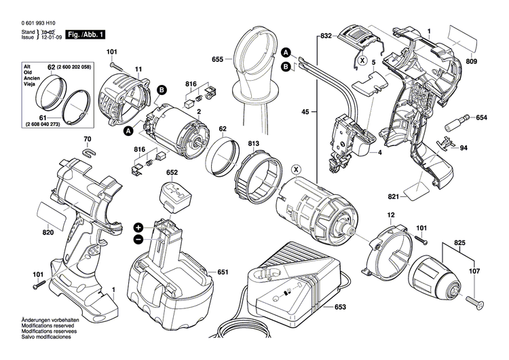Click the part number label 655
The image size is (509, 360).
coord(216,60)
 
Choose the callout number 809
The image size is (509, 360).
coord(491,62)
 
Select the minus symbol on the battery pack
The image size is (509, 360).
coord(138,240)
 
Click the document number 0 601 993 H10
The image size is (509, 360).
coord(33,23)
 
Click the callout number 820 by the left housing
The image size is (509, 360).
coord(47,232)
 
